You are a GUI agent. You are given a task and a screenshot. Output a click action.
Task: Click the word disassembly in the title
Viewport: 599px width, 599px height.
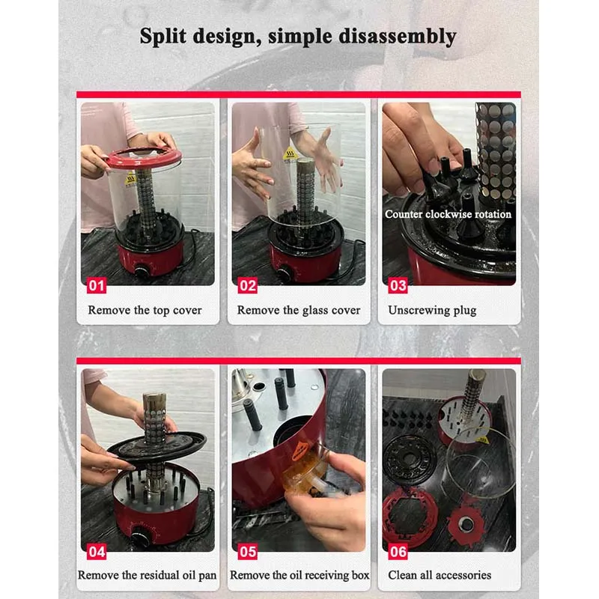point(398,37)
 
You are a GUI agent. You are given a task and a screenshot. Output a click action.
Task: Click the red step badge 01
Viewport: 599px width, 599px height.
point(97,285)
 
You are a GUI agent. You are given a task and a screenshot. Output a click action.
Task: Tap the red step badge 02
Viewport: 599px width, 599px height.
point(248,285)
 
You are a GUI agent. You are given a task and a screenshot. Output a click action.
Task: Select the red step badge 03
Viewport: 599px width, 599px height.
point(398,285)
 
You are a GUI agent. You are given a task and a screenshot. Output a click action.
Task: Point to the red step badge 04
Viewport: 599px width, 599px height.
point(97,552)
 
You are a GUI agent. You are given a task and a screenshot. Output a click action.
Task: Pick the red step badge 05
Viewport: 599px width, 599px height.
point(248,552)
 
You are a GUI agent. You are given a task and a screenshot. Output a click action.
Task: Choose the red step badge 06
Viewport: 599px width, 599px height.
point(398,552)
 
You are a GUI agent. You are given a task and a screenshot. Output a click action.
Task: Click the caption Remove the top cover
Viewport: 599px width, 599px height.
point(145,310)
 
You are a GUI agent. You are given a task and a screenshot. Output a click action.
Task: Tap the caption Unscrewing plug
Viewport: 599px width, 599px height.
point(432,310)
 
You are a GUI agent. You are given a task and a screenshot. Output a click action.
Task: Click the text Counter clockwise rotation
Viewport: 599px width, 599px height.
point(448,214)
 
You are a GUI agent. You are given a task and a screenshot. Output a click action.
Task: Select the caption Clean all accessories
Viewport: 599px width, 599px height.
point(440,575)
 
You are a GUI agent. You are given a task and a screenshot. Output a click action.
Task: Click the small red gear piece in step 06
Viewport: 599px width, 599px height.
point(466,523)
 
